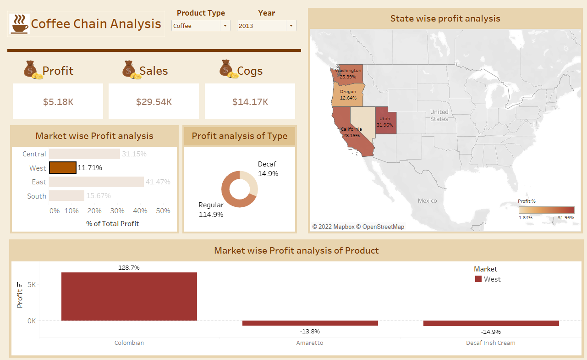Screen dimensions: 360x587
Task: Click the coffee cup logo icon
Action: pyautogui.click(x=19, y=24)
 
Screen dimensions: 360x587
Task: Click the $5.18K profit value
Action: pyautogui.click(x=58, y=102)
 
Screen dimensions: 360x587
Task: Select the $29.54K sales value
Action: pyautogui.click(x=154, y=102)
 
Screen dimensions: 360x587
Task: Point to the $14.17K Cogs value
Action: pyautogui.click(x=250, y=102)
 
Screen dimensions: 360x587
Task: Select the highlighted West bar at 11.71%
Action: pyautogui.click(x=63, y=168)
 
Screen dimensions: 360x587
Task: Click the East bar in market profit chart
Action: pyautogui.click(x=96, y=182)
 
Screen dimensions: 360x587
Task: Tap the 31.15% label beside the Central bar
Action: pyautogui.click(x=134, y=154)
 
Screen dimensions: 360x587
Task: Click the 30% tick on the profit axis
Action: pyautogui.click(x=117, y=211)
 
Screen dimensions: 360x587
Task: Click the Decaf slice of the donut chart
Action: pyautogui.click(x=251, y=182)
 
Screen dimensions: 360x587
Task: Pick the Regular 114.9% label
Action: pyautogui.click(x=211, y=210)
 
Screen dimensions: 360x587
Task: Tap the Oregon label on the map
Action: pyautogui.click(x=348, y=92)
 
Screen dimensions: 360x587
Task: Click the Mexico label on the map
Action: pyautogui.click(x=427, y=201)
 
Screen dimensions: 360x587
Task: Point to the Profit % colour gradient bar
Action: pyautogui.click(x=546, y=210)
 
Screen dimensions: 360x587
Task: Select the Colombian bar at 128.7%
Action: pyautogui.click(x=129, y=296)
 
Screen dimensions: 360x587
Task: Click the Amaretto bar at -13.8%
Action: pyautogui.click(x=310, y=323)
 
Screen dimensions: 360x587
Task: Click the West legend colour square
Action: pyautogui.click(x=478, y=279)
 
